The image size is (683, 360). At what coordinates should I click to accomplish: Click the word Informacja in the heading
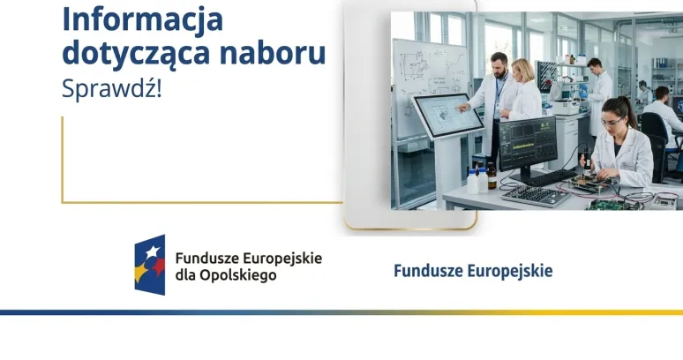tap(142, 19)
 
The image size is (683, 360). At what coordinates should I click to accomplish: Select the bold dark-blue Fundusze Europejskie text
tap(473, 271)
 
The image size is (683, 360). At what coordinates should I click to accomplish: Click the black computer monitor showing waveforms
tap(529, 143)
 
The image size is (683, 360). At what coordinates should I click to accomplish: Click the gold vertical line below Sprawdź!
tap(62, 159)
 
